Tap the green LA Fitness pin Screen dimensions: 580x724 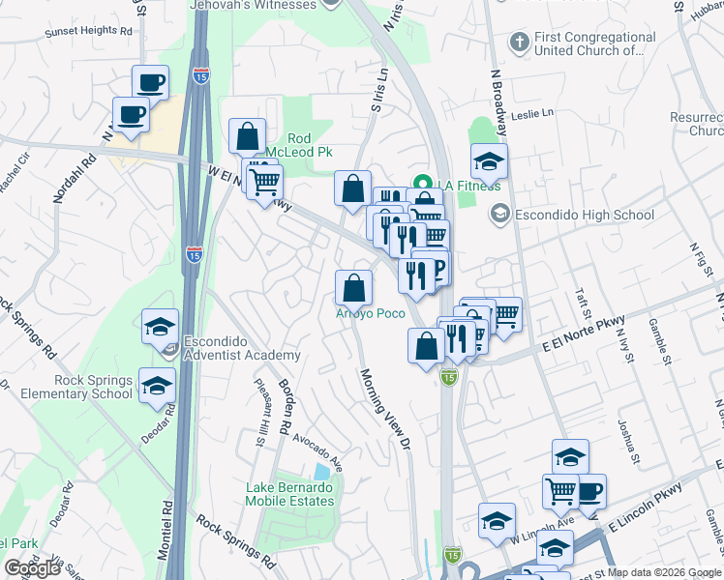422,183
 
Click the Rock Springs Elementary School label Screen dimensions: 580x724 68,387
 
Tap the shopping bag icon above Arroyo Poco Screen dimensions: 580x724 353,288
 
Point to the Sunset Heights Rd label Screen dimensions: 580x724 88,31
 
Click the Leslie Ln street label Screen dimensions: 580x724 533,113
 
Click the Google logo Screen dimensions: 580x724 33,568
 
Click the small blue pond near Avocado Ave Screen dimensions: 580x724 321,472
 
